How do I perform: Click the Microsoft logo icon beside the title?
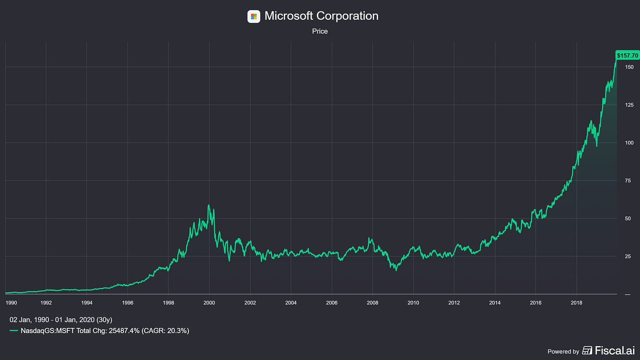pyautogui.click(x=254, y=16)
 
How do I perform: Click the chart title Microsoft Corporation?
pyautogui.click(x=321, y=16)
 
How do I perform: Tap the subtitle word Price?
pyautogui.click(x=320, y=31)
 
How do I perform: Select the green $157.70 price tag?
pyautogui.click(x=627, y=55)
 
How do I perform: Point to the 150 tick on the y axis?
pyautogui.click(x=629, y=67)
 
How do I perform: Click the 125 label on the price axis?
pyautogui.click(x=629, y=105)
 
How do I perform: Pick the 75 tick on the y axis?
pyautogui.click(x=628, y=181)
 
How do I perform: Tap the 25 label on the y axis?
pyautogui.click(x=628, y=256)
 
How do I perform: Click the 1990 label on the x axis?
pyautogui.click(x=11, y=303)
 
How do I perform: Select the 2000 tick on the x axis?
pyautogui.click(x=209, y=303)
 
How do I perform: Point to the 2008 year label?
pyautogui.click(x=373, y=303)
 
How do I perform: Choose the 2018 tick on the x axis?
pyautogui.click(x=577, y=303)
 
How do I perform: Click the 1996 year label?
pyautogui.click(x=128, y=303)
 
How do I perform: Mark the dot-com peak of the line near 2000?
pyautogui.click(x=208, y=205)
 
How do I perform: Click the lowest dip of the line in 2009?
pyautogui.click(x=396, y=270)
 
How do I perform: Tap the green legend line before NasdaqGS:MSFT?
pyautogui.click(x=14, y=331)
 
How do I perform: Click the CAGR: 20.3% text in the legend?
pyautogui.click(x=165, y=331)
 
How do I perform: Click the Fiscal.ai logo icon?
pyautogui.click(x=587, y=350)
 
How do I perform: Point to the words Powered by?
pyautogui.click(x=563, y=352)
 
